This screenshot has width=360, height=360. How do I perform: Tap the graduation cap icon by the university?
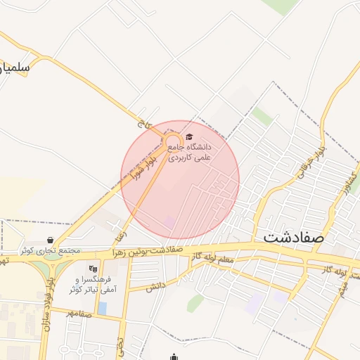pos(188,137)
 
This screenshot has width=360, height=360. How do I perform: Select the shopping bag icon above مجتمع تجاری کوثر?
pos(50,240)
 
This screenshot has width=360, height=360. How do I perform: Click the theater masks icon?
pos(93,268)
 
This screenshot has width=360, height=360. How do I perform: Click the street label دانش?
pos(156,285)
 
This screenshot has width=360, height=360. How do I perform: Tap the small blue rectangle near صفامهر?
pos(103,308)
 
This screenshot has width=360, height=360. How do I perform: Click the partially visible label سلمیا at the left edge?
pos(14,68)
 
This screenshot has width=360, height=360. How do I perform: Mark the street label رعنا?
pos(121,229)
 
